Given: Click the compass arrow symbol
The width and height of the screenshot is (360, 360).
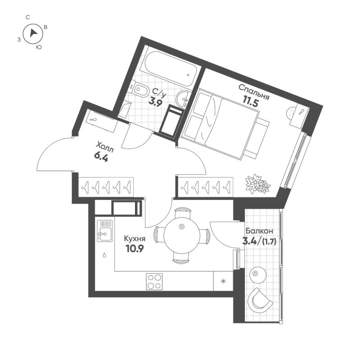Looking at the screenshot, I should (x=33, y=33).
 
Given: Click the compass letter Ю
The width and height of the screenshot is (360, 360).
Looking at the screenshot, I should (x=39, y=47).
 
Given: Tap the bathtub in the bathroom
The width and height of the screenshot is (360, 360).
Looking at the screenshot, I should (x=168, y=70).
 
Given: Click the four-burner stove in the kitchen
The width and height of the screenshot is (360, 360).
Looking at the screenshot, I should (x=154, y=282).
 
